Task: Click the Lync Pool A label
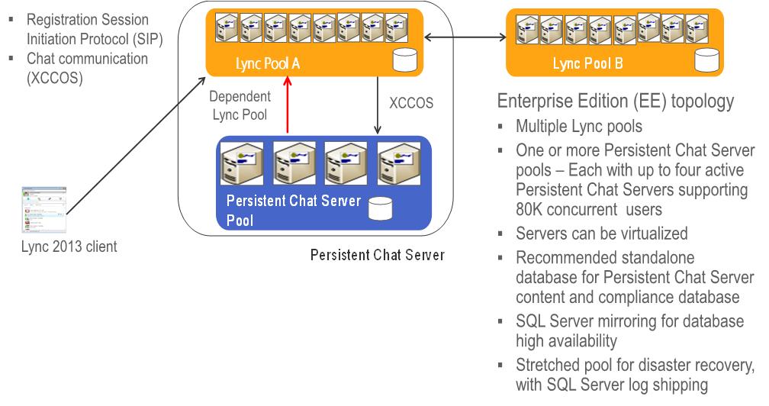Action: coord(267,64)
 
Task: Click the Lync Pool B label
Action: coord(587,64)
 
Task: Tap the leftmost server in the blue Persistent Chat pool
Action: coord(238,161)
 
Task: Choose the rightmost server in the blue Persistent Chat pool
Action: coord(398,161)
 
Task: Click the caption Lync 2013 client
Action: coord(69,247)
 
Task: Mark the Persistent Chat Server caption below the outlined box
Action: coord(377,254)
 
